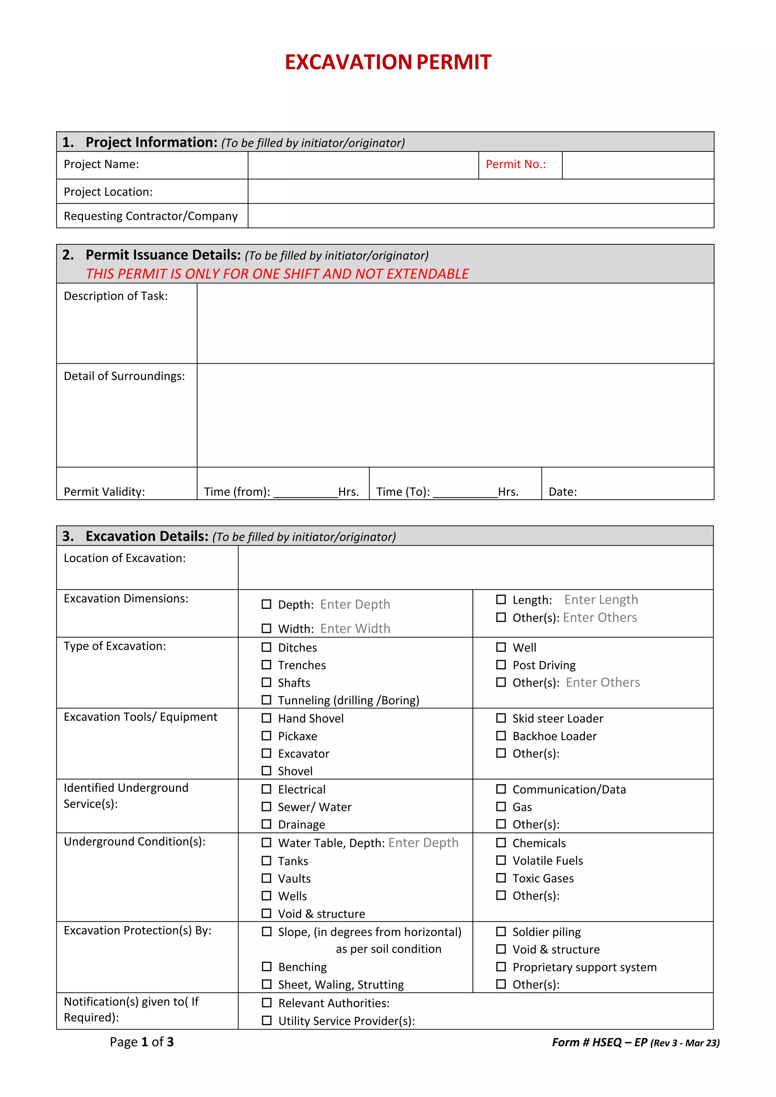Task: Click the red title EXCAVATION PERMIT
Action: coord(388,62)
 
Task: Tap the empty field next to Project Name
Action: coord(363,165)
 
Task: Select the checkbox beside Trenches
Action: coord(266,665)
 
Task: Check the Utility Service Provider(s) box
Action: coord(266,1020)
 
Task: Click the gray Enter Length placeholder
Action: coord(601,600)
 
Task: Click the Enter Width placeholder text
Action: coord(355,628)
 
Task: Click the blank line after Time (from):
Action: coord(305,492)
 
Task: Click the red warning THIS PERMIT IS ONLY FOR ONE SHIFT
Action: coord(277,274)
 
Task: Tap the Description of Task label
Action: coord(116,296)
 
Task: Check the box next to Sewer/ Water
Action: coord(266,806)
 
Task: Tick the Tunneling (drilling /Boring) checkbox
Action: coord(266,700)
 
